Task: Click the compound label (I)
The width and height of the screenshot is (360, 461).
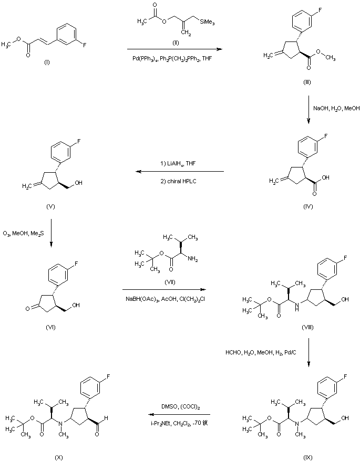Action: (47, 62)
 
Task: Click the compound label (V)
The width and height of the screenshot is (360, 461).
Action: (50, 206)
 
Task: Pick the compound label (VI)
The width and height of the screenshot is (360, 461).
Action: (50, 328)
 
